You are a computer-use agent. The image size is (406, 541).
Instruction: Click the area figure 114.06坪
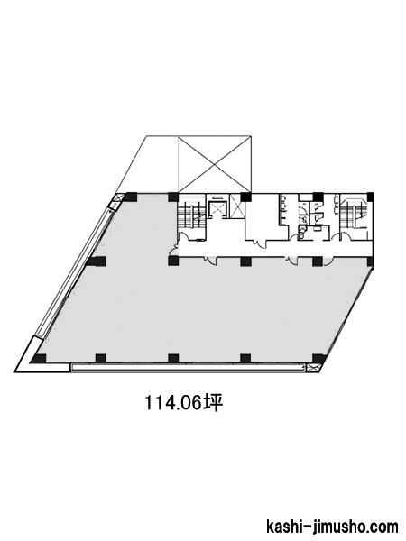[x=183, y=403]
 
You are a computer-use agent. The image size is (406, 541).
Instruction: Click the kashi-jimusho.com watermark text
[x=332, y=527]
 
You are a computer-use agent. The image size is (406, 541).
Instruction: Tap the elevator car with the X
[x=217, y=209]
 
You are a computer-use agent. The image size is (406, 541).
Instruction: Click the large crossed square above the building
[x=214, y=164]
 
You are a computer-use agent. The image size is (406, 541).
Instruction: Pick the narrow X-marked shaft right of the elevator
[x=236, y=206]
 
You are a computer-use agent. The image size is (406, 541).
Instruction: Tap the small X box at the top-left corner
[x=118, y=198]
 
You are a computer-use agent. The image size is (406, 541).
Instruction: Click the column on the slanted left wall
[x=96, y=261]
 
